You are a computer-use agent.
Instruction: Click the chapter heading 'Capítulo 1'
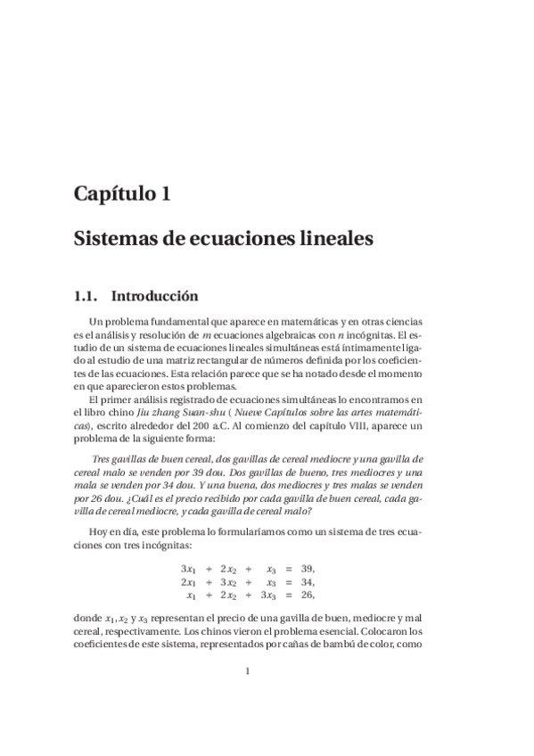122,193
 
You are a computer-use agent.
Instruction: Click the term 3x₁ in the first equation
188,569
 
